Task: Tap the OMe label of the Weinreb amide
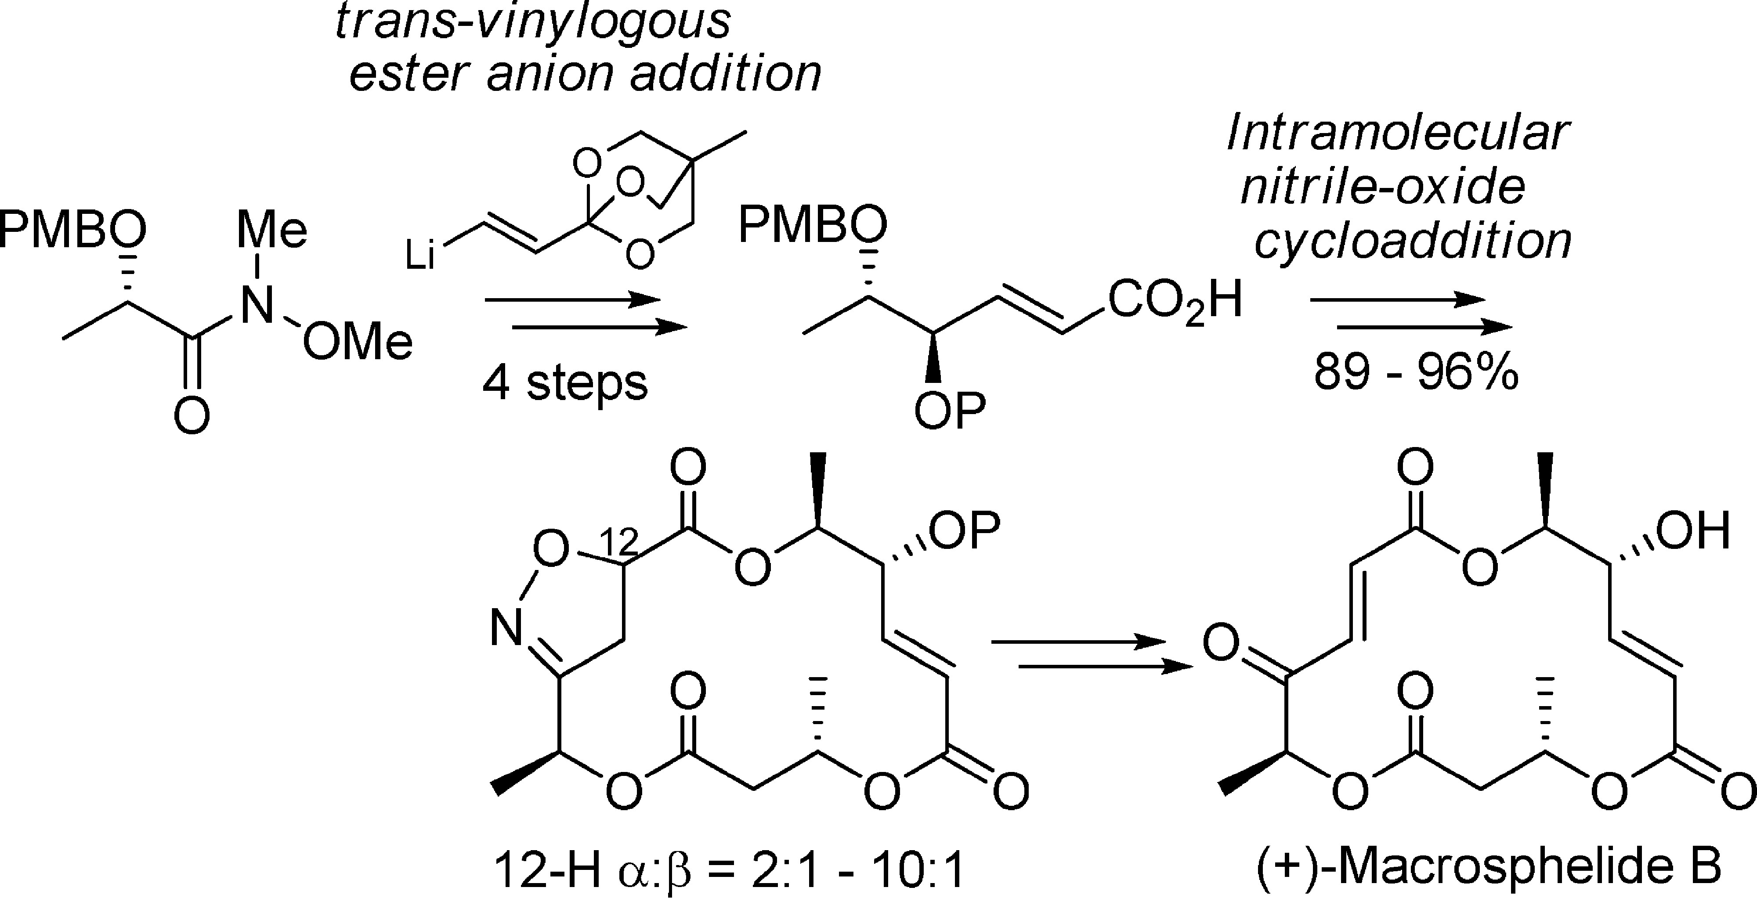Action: click(358, 342)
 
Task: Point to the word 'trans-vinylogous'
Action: click(533, 22)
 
